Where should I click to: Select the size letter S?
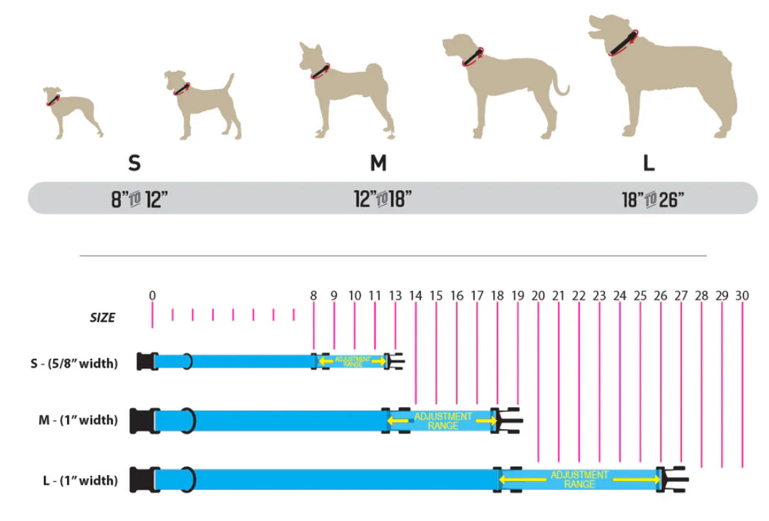coord(134,164)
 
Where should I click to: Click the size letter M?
coord(378,164)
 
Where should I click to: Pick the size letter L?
coord(649,164)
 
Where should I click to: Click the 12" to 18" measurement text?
coord(383,200)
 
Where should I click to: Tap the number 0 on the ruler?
coord(152,295)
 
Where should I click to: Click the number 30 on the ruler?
coord(742,295)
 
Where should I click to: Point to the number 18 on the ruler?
coord(497,295)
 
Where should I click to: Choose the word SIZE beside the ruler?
coord(103,319)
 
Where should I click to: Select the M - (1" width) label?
coord(78,420)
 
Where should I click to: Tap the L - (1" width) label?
coord(78,481)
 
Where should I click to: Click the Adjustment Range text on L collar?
coord(579,479)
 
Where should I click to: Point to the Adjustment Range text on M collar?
coord(443,420)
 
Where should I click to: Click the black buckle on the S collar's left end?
coord(146,361)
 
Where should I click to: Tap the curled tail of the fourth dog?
coord(561,88)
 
